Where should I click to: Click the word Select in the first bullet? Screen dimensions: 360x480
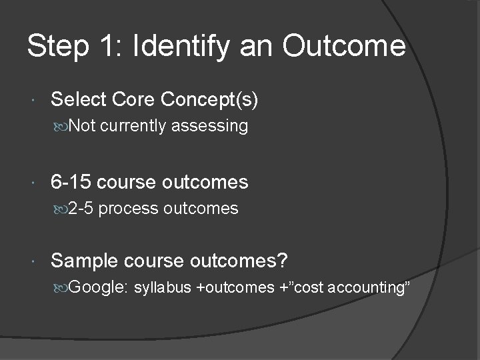click(77, 100)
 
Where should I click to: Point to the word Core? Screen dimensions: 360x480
click(133, 100)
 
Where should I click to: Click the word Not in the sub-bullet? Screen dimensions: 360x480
click(82, 125)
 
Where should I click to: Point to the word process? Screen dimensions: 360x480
click(131, 209)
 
